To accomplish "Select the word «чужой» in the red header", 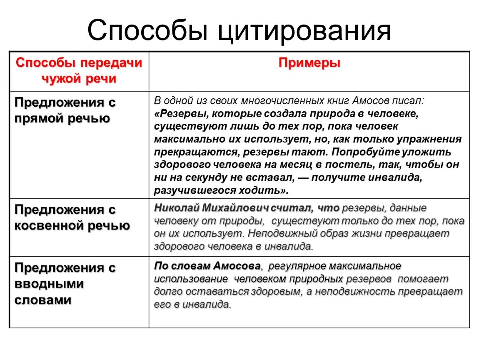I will [x=60, y=79].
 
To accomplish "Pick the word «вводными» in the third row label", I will [x=50, y=284].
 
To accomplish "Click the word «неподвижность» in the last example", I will [x=354, y=292].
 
